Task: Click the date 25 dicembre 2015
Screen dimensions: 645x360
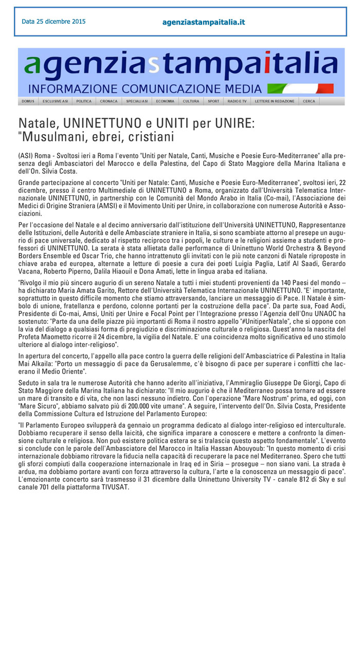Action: point(53,22)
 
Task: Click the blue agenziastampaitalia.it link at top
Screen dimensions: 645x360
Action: point(203,22)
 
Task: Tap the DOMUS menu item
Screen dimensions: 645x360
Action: point(28,101)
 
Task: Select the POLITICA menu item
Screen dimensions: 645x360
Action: point(84,101)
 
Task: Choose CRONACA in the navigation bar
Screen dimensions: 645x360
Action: point(109,101)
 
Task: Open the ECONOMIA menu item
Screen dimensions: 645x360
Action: point(165,101)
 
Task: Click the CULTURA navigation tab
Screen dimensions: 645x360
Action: point(191,101)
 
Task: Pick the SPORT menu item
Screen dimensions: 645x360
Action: point(213,101)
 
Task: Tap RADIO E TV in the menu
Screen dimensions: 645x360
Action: point(237,101)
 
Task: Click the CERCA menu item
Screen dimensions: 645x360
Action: point(309,101)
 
